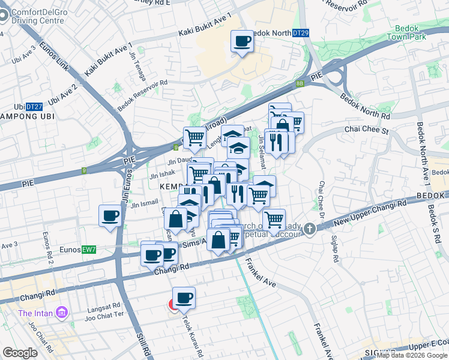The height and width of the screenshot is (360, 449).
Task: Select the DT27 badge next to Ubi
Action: (x=35, y=107)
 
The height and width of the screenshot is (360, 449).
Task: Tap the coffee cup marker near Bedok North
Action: (x=243, y=42)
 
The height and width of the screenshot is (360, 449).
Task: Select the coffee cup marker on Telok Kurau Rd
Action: (x=184, y=298)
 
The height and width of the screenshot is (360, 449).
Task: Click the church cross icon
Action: (x=309, y=229)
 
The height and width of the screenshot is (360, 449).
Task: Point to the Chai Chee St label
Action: (x=367, y=129)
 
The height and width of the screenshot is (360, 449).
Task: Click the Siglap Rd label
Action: (x=335, y=244)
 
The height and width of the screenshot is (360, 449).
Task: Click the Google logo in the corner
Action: (x=20, y=353)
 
